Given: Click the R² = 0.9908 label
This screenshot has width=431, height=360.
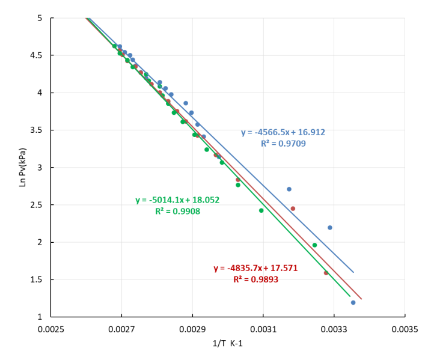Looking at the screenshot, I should (178, 211).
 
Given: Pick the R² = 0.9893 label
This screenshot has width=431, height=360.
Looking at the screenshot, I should (255, 279).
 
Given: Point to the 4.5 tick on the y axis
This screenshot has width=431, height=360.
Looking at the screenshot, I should (37, 55).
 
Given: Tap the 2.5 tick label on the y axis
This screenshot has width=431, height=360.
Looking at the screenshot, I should (37, 205).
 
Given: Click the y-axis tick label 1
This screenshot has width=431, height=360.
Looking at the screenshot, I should (40, 317).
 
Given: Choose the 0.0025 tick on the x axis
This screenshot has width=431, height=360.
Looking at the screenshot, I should (50, 328).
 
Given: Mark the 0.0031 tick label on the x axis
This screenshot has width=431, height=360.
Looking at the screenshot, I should (263, 328).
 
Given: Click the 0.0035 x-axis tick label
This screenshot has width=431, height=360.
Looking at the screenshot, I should (405, 328).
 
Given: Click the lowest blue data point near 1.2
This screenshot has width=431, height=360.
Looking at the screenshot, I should (353, 302).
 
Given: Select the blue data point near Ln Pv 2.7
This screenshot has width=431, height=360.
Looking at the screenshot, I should (289, 189).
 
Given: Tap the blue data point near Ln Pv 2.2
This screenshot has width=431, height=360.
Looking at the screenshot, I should (330, 227).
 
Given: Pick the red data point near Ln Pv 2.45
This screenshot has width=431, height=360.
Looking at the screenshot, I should (293, 209).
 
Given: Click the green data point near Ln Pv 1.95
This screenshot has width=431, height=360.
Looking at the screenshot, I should (314, 245).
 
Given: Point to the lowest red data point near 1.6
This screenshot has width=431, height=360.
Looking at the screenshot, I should (326, 273).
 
